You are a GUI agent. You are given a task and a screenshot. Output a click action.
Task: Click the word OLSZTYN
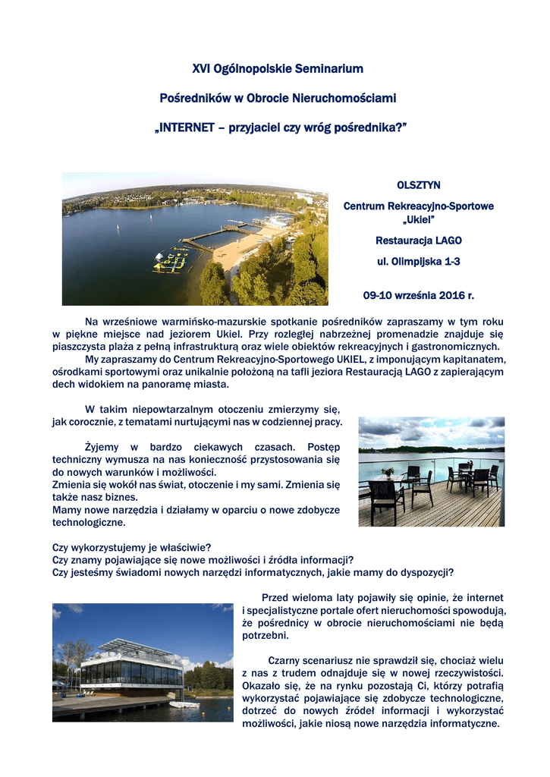click(x=419, y=185)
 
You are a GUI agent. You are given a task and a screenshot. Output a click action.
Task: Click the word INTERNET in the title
click(x=187, y=127)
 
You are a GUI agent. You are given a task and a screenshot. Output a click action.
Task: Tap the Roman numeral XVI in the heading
click(x=200, y=69)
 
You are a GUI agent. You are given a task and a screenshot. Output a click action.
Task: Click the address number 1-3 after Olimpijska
click(x=448, y=261)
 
